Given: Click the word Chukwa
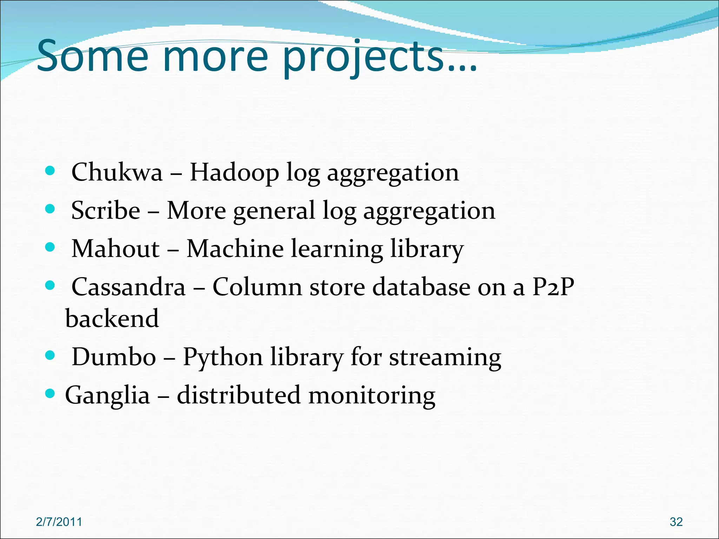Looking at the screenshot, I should click(x=117, y=172).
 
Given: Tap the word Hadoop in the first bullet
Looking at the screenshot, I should click(x=234, y=172).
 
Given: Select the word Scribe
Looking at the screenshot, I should click(x=106, y=211).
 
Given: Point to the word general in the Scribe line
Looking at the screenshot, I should click(x=274, y=211).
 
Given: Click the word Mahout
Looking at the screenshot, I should click(x=116, y=249).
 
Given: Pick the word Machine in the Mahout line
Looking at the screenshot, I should click(x=235, y=249).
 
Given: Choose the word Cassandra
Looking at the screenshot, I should click(x=128, y=287).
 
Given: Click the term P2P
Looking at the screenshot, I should click(x=553, y=287).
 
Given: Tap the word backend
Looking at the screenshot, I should click(x=112, y=318).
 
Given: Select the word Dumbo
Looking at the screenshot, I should click(x=114, y=357).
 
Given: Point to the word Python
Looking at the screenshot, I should click(x=223, y=358).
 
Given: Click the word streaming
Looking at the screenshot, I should click(x=445, y=358).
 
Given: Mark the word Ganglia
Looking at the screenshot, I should click(x=107, y=395).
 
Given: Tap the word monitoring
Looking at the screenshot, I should click(x=372, y=395).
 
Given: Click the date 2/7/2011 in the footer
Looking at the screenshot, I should click(x=59, y=522).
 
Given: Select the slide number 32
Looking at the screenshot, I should click(x=676, y=522).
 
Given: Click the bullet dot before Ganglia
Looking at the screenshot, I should click(x=51, y=394).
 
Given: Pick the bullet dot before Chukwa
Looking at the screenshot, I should click(x=51, y=171).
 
